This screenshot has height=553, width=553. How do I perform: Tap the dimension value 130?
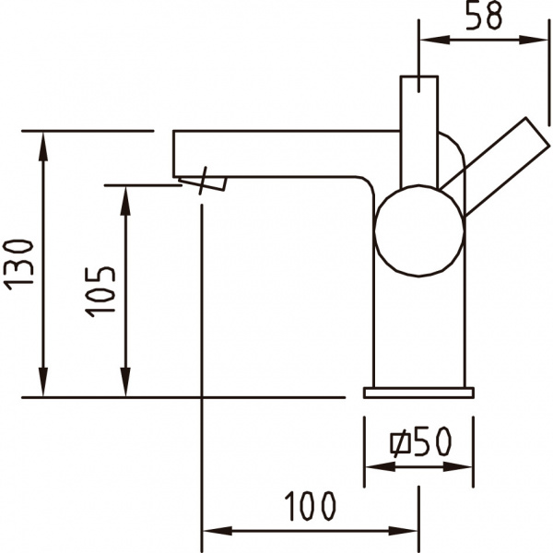[20, 265]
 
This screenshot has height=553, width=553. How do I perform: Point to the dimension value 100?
[309, 506]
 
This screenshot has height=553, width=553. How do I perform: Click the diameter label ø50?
[421, 444]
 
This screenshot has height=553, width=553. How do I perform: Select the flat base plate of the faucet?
[418, 393]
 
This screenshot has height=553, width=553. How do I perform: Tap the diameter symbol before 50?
[399, 445]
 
